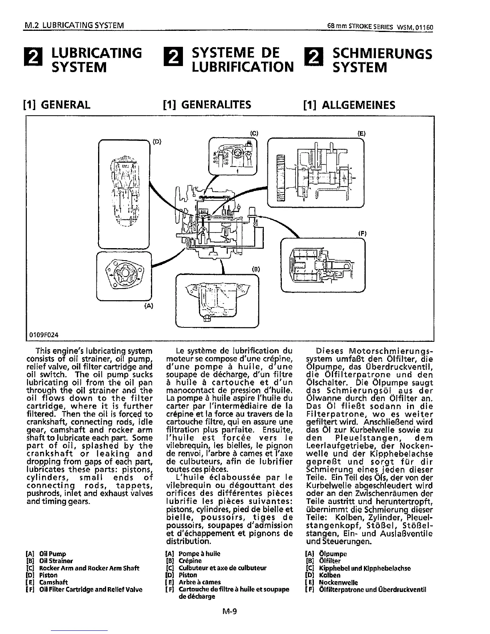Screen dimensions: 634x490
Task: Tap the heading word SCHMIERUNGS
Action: click(x=382, y=54)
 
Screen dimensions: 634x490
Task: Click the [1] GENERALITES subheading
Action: click(x=207, y=105)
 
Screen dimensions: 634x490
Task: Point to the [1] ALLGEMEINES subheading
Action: click(x=349, y=105)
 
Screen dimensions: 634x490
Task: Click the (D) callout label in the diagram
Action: click(x=157, y=141)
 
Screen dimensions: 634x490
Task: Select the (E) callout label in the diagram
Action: click(x=361, y=134)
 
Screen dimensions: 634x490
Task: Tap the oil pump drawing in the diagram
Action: click(x=125, y=275)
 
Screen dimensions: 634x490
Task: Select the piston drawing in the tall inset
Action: click(x=124, y=193)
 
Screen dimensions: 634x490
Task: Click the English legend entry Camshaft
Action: click(x=53, y=582)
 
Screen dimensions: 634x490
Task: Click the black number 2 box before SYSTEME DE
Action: click(x=173, y=60)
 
